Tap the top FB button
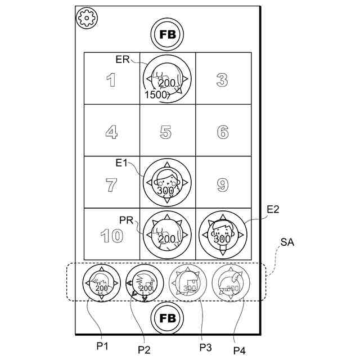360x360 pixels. tap(168, 34)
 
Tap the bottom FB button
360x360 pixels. tap(168, 318)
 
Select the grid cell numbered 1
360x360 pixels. tap(111, 80)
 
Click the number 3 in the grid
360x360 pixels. tap(222, 80)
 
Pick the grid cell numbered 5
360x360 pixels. tap(166, 132)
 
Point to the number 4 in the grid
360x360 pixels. tap(111, 133)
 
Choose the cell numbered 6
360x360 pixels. tap(223, 133)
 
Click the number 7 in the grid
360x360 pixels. tap(111, 184)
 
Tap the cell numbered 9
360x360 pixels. tap(223, 184)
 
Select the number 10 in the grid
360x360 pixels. tap(112, 236)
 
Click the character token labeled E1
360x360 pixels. tap(166, 183)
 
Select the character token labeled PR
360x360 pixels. tap(166, 235)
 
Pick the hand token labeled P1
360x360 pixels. tap(101, 282)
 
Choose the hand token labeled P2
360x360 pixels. tap(145, 282)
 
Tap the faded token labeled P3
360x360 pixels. tap(188, 282)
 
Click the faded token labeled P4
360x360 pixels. tap(232, 282)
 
